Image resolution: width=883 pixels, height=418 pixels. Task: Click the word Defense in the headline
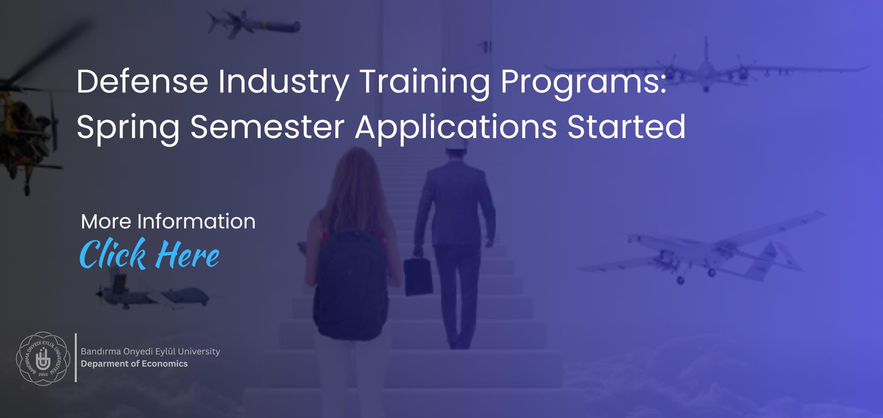pyautogui.click(x=143, y=81)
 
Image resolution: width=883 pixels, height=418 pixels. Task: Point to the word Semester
pyautogui.click(x=267, y=126)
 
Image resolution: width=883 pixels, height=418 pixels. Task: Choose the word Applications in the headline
pyautogui.click(x=456, y=128)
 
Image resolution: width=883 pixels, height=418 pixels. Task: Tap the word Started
pyautogui.click(x=626, y=126)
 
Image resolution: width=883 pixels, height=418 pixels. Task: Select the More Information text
pyautogui.click(x=168, y=222)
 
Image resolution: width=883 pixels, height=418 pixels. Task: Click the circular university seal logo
pyautogui.click(x=43, y=359)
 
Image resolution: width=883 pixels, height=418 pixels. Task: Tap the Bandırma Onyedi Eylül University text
pyautogui.click(x=150, y=351)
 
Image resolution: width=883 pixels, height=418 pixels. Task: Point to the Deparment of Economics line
pyautogui.click(x=134, y=364)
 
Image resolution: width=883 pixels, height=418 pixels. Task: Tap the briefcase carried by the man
pyautogui.click(x=418, y=276)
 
